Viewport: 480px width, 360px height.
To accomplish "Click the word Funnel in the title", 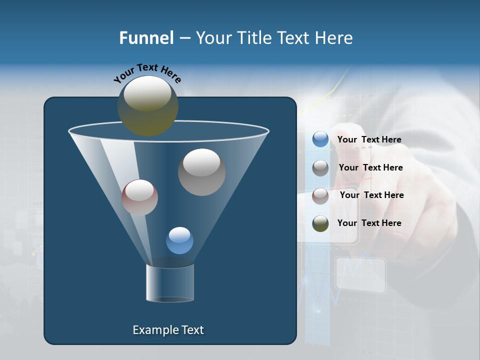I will (146, 38).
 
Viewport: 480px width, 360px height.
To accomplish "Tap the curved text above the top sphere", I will (147, 73).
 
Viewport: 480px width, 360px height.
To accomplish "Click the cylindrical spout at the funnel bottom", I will (170, 283).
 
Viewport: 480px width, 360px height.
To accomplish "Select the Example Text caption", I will (168, 330).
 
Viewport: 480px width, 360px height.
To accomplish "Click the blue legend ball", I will (320, 139).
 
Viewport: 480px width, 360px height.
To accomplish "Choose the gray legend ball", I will (320, 168).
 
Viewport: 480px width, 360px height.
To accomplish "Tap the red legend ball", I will (320, 195).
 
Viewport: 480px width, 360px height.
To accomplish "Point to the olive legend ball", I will (320, 223).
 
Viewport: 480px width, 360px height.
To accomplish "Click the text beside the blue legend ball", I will (369, 139).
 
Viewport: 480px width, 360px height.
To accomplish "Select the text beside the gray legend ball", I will (371, 167).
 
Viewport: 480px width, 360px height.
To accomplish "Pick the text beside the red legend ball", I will (372, 195).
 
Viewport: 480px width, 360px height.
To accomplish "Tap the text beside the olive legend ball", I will (369, 223).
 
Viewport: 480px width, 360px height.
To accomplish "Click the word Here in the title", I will (334, 38).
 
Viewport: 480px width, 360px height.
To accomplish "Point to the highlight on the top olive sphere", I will (147, 93).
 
